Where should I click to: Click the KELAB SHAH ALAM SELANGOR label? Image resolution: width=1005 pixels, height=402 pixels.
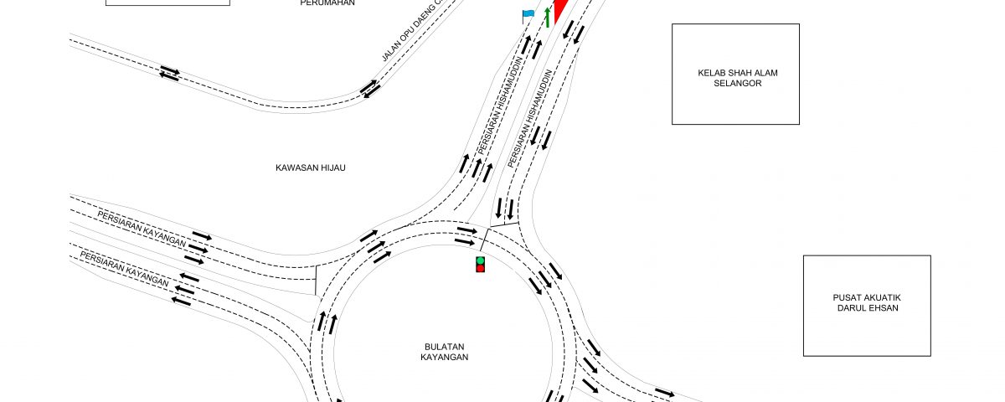click(738, 78)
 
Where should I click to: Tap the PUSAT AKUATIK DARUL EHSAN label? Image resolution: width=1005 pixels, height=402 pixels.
click(868, 303)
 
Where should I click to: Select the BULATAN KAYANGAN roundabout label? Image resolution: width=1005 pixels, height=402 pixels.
click(444, 353)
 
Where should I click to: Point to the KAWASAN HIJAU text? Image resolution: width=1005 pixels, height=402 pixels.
click(311, 167)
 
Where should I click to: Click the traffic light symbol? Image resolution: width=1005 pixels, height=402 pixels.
click(481, 265)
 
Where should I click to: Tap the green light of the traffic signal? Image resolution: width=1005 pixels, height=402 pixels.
click(481, 260)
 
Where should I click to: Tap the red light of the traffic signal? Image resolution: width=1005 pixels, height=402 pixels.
click(481, 268)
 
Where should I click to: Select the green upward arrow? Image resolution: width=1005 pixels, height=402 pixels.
click(548, 18)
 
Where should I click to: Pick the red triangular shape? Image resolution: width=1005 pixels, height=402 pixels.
click(560, 8)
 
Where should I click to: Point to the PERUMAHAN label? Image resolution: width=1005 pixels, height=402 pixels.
click(327, 3)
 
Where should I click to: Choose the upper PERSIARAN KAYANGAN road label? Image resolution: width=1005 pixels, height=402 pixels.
click(142, 229)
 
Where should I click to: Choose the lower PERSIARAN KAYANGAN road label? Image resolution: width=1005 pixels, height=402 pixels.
click(124, 269)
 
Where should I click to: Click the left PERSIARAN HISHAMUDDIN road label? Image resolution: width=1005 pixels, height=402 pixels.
click(500, 106)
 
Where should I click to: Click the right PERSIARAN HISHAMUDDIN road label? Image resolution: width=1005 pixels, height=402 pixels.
click(530, 118)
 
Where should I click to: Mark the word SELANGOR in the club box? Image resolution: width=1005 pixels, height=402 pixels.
click(738, 84)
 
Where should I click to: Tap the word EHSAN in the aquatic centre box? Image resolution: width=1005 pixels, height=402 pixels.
click(884, 308)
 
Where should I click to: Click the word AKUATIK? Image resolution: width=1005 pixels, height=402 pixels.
click(883, 298)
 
